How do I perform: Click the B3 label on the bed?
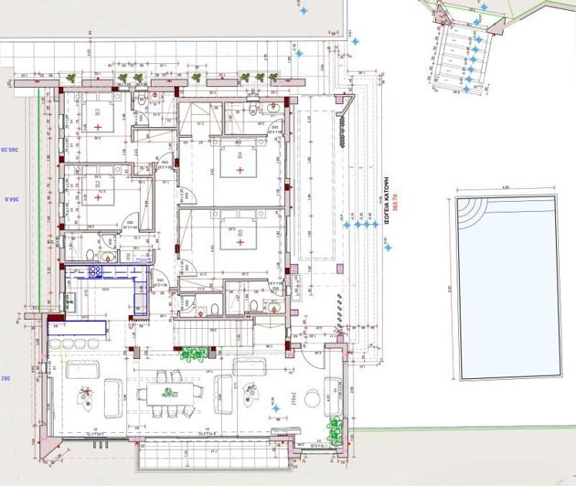[97, 113]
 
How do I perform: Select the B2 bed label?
[97, 183]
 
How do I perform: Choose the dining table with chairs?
[169, 393]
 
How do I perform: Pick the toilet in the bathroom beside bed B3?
[144, 102]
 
